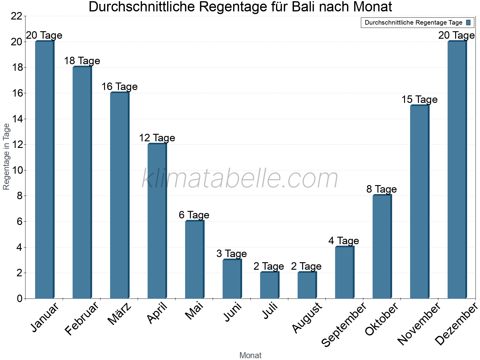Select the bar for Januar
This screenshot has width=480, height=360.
click(x=44, y=170)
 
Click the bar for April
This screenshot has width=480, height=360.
click(x=157, y=221)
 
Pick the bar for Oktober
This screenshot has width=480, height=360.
click(x=382, y=247)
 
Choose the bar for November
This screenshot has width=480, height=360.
click(x=419, y=202)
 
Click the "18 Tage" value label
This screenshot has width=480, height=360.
click(x=82, y=61)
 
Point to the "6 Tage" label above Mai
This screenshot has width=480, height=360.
click(x=194, y=215)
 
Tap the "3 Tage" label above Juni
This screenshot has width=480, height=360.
click(x=231, y=254)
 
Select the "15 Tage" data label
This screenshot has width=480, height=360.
click(x=419, y=100)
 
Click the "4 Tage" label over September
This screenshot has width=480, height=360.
click(x=343, y=241)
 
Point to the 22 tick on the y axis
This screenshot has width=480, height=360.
click(x=16, y=16)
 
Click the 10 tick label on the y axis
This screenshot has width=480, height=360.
click(x=16, y=170)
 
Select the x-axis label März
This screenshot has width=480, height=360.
click(x=119, y=314)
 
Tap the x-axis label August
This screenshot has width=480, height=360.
click(x=307, y=317)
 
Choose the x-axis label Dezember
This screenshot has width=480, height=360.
click(x=456, y=324)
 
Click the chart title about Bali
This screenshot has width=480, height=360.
click(x=240, y=7)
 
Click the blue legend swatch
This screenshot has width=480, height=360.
click(x=468, y=22)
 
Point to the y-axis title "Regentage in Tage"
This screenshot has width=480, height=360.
click(x=7, y=157)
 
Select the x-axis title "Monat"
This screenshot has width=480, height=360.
click(x=250, y=355)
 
